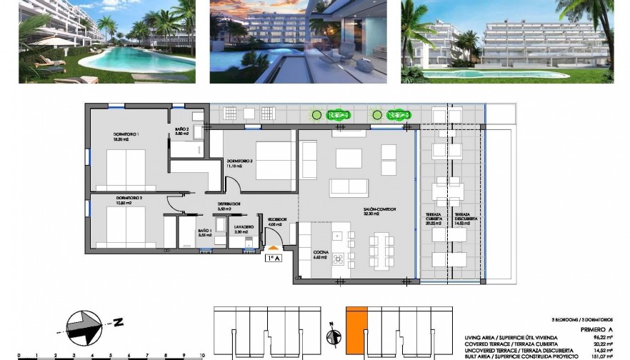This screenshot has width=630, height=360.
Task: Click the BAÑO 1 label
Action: pos(204,231)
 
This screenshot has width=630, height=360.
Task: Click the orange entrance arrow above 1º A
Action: pos(274,248)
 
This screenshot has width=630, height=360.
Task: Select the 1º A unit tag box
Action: pos(273,258)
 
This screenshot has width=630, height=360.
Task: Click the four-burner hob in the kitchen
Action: pos(351,257)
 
